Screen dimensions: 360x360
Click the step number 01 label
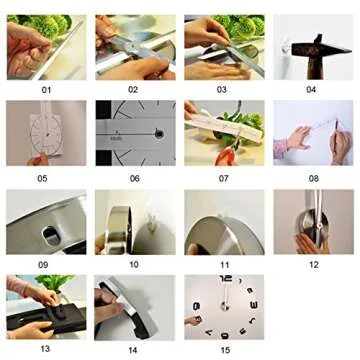pyautogui.click(x=46, y=89)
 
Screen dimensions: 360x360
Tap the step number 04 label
pyautogui.click(x=311, y=89)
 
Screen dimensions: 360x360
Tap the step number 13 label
pyautogui.click(x=46, y=350)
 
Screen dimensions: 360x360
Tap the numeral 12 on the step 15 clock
pyautogui.click(x=225, y=283)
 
